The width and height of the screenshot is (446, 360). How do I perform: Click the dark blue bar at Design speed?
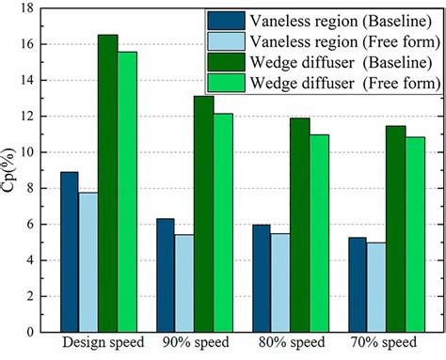[69, 252]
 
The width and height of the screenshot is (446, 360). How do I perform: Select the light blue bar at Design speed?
[88, 262]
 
